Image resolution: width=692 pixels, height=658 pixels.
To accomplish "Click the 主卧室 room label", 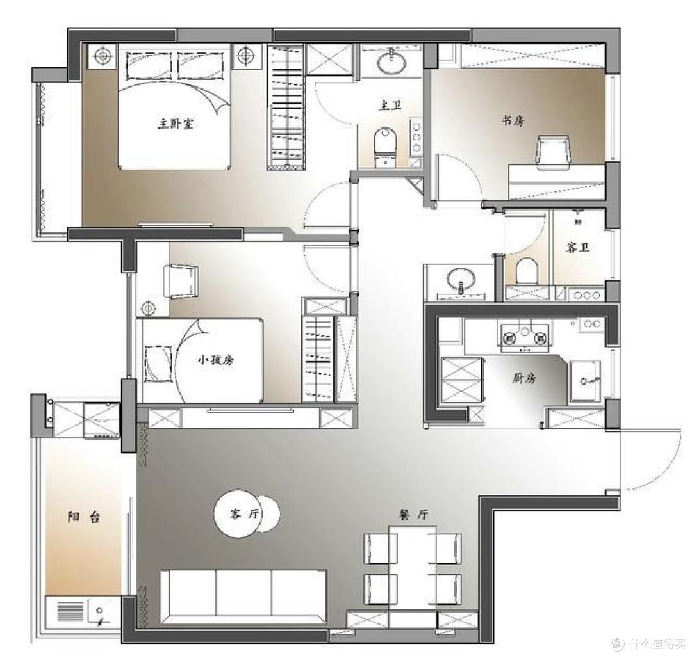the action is coord(176,124).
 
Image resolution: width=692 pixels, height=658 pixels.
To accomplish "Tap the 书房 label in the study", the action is coord(513,120).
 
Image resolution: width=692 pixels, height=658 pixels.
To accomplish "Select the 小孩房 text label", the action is coord(215,360).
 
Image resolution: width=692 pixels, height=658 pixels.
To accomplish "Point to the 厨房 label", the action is coord(524,378).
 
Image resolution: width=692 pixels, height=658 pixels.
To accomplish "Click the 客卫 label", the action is coord(578,248).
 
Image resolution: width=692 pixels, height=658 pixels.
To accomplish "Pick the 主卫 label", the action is coord(391,106).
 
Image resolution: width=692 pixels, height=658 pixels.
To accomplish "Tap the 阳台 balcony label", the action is coord(84,517).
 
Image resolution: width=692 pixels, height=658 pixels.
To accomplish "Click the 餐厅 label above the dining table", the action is coord(413,515).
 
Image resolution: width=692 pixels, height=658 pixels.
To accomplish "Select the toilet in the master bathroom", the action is coord(386,147).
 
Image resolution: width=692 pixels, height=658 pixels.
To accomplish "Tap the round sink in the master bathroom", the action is coord(391,61).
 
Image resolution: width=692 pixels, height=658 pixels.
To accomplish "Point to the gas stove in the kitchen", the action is coord(525,337).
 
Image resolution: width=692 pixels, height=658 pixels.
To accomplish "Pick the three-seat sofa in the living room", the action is coord(243,597).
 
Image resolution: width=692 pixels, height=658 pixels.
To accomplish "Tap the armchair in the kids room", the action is coord(181,281).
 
